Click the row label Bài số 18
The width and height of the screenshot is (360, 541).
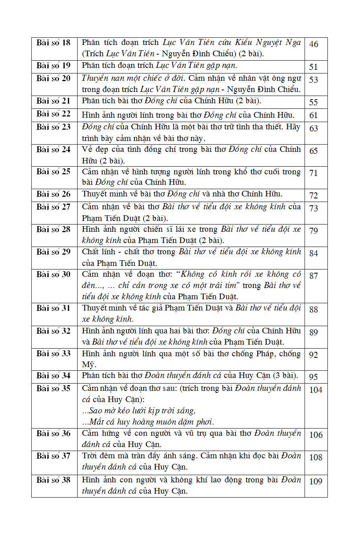click(x=53, y=43)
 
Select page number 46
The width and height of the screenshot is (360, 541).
click(x=313, y=44)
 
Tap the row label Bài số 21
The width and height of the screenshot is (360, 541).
click(x=53, y=101)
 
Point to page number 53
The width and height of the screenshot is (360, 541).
click(x=313, y=80)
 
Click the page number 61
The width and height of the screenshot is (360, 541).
click(x=313, y=115)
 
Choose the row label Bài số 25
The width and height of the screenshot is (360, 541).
click(x=53, y=171)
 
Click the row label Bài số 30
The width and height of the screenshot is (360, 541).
click(x=53, y=274)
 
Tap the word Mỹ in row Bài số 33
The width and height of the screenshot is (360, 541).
click(x=88, y=365)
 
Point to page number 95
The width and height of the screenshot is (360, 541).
click(x=313, y=377)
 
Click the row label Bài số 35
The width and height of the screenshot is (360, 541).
click(x=53, y=388)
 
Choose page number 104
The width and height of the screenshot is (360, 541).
click(x=316, y=390)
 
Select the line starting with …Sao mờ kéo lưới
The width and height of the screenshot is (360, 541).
click(x=139, y=411)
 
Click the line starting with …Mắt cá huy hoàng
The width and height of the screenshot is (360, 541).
click(x=148, y=422)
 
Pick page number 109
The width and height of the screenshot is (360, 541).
click(x=316, y=481)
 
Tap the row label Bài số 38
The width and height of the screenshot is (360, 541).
click(x=53, y=480)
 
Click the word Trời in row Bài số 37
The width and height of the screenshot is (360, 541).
click(x=90, y=456)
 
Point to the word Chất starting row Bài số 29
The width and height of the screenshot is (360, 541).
click(x=91, y=252)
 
